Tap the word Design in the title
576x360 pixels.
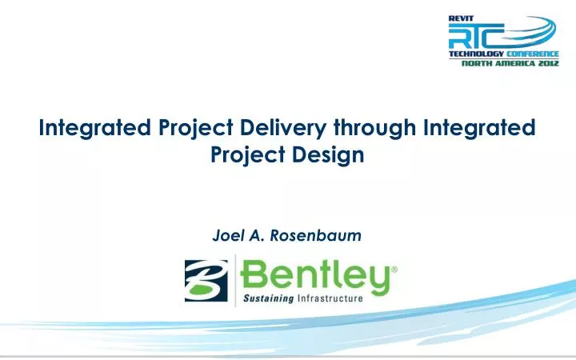pyautogui.click(x=336, y=154)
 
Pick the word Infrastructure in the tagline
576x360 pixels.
pyautogui.click(x=330, y=299)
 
